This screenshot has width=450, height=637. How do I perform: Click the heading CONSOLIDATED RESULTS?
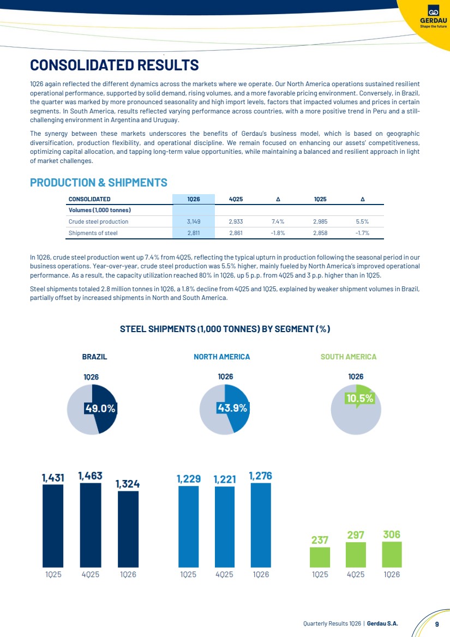click(x=115, y=65)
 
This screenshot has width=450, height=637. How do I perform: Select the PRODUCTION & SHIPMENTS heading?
click(x=99, y=182)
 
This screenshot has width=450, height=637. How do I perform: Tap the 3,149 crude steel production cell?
click(x=193, y=221)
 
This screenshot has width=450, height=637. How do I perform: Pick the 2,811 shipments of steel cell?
click(x=193, y=233)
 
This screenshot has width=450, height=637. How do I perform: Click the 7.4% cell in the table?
click(x=278, y=221)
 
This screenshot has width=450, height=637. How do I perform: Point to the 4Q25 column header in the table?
click(x=236, y=199)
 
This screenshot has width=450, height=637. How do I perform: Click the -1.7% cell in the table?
click(x=362, y=233)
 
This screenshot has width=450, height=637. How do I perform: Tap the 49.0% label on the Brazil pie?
click(x=101, y=408)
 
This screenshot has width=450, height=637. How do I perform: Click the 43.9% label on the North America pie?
click(x=232, y=407)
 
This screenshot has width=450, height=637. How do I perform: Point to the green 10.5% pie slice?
click(x=362, y=395)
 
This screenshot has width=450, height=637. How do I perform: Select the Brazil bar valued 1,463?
click(x=90, y=525)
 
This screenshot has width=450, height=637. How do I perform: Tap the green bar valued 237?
click(x=320, y=557)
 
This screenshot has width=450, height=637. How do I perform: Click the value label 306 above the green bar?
click(x=392, y=534)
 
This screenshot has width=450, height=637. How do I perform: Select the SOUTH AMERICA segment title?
click(x=349, y=357)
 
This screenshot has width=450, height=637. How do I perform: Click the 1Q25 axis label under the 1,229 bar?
click(x=188, y=574)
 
